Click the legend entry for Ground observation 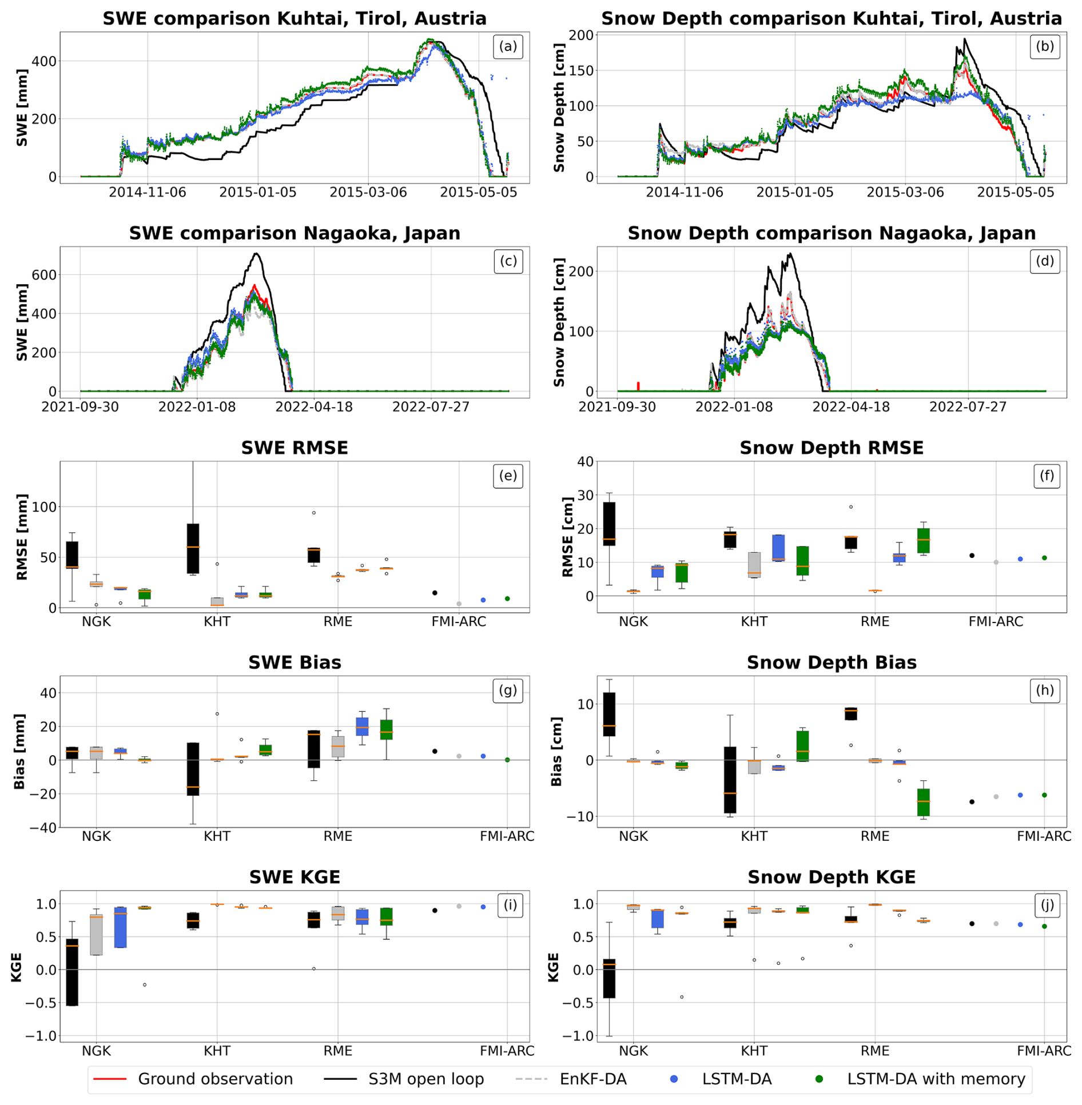[x=215, y=1078]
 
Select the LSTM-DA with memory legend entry [x=936, y=1078]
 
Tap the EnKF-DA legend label [x=592, y=1078]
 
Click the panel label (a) [x=507, y=46]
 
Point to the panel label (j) [x=1046, y=905]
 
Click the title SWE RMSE [x=295, y=448]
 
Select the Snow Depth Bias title [x=831, y=662]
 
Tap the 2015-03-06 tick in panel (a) [x=368, y=192]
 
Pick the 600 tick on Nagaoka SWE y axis [x=44, y=275]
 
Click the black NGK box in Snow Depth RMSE [x=609, y=523]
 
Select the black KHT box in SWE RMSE [x=193, y=548]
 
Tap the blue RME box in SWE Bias [x=362, y=726]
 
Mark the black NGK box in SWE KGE [x=72, y=971]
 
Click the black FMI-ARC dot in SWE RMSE [x=435, y=593]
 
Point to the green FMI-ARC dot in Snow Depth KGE [x=1044, y=926]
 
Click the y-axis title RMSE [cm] [x=567, y=537]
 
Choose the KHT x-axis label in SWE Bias [x=217, y=836]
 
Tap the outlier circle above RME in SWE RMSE [x=313, y=513]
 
